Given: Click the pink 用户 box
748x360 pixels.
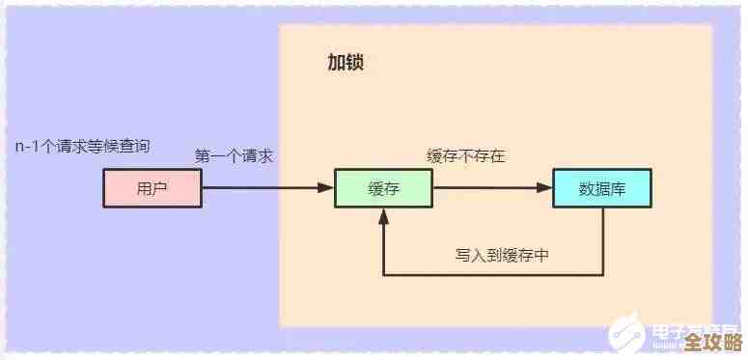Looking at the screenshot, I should tap(152, 188).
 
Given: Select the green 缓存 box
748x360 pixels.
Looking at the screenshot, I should tap(383, 188).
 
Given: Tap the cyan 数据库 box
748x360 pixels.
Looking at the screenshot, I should tap(602, 188).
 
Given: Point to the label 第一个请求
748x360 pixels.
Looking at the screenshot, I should tap(234, 155).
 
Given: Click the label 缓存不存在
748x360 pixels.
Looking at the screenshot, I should tap(466, 155).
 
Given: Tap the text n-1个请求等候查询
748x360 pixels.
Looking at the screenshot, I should tap(82, 146).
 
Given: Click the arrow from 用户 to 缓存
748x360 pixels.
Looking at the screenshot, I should tap(261, 188).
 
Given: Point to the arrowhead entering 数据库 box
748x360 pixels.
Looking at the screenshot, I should tap(545, 188).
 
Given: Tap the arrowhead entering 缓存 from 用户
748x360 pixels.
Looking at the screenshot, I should tap(327, 188).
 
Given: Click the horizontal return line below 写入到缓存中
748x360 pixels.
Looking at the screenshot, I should tap(492, 276).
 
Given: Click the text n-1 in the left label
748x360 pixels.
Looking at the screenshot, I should tap(27, 147).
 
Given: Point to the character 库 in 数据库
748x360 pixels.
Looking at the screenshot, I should tap(619, 188).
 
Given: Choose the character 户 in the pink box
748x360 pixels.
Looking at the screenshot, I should tap(160, 188).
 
